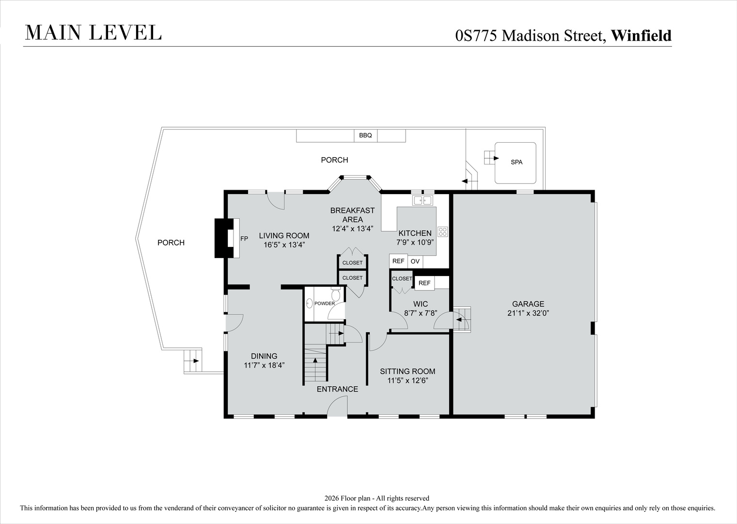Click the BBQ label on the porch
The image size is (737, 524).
[x=365, y=135]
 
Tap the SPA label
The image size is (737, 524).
[x=517, y=162]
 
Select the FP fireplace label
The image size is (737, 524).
[x=244, y=239]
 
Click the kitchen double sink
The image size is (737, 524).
[x=423, y=200]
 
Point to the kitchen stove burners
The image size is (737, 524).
[x=442, y=231]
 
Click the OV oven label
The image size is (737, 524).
[x=415, y=262]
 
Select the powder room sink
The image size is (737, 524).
[x=310, y=304]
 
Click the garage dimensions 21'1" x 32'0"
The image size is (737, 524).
[x=528, y=313]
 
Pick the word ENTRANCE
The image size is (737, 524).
[x=337, y=389]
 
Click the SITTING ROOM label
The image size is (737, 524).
[x=408, y=371]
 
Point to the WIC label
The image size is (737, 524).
[x=421, y=304]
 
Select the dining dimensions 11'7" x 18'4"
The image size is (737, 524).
[x=264, y=365]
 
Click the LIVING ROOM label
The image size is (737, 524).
[x=284, y=236]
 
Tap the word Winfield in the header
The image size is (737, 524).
[x=641, y=35]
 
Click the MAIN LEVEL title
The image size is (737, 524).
[x=93, y=33]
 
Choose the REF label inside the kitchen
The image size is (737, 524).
[x=398, y=261]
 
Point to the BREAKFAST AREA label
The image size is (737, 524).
[x=352, y=215]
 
